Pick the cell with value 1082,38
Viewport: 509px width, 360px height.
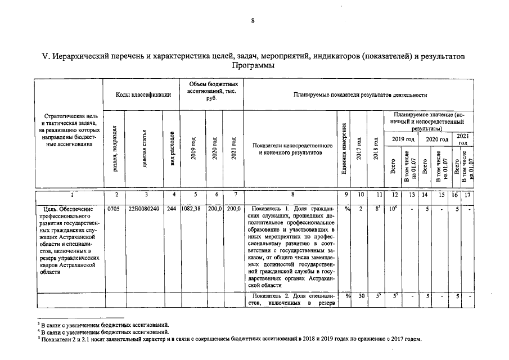[191, 208]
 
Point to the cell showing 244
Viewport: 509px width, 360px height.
[172, 208]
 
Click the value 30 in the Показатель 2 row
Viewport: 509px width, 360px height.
[360, 296]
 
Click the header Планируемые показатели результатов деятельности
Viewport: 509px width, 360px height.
[360, 95]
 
